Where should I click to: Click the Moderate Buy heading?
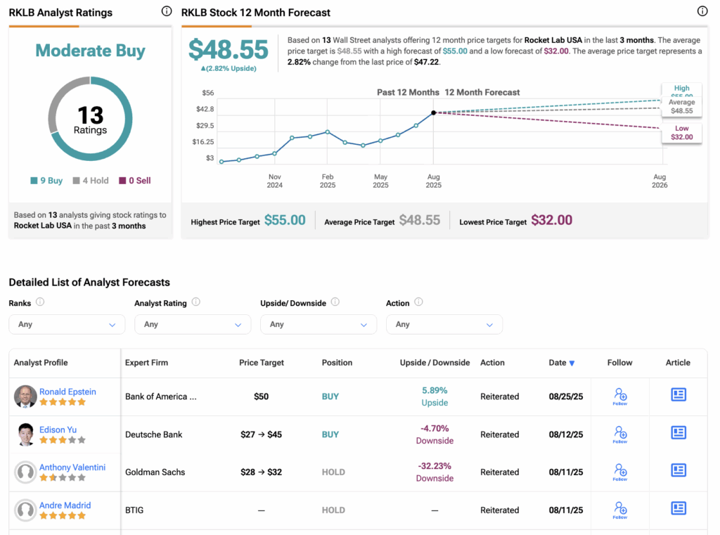[90, 51]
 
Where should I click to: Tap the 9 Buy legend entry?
[46, 181]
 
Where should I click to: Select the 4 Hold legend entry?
[91, 181]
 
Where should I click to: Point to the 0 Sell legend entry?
[134, 181]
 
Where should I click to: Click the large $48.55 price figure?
[229, 50]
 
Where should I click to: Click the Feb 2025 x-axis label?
[328, 181]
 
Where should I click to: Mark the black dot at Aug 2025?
[433, 112]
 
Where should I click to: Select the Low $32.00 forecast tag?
[681, 133]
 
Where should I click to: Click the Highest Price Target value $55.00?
[285, 221]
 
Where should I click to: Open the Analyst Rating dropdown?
[192, 324]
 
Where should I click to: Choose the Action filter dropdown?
[444, 324]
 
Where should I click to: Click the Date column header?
[561, 363]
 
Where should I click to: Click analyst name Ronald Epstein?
[67, 392]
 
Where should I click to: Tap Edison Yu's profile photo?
[25, 434]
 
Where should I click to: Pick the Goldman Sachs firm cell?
[155, 472]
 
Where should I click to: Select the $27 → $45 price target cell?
[261, 434]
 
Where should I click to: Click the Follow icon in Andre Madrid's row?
[619, 510]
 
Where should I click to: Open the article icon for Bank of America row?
[679, 395]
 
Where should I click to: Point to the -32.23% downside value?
[435, 466]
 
